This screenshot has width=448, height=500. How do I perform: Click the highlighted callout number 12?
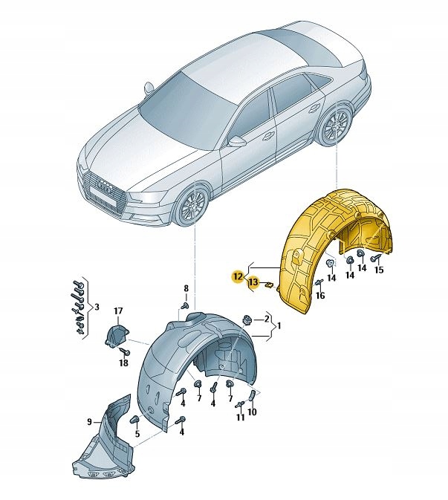[236, 276]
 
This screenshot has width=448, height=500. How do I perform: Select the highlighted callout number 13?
[253, 282]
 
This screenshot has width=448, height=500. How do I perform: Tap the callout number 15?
[379, 270]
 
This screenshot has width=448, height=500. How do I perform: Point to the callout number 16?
[320, 295]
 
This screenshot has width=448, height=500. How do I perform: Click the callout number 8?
[186, 288]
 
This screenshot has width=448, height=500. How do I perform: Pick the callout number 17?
[117, 311]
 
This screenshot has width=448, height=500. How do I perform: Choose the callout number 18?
[123, 363]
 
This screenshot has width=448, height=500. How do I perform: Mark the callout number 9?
[89, 422]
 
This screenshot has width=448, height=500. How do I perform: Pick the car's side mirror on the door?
[237, 140]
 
